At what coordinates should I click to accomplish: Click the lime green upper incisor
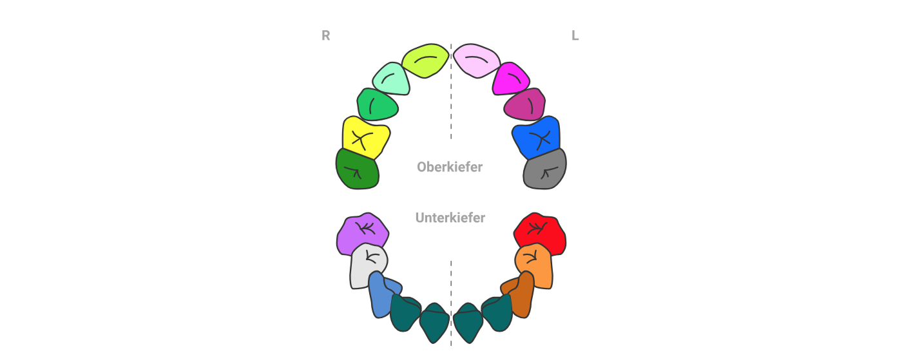click(x=425, y=61)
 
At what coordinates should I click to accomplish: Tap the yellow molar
click(x=365, y=137)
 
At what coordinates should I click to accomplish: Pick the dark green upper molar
click(x=357, y=170)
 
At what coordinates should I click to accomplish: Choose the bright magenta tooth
click(x=510, y=79)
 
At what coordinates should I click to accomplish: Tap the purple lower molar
click(x=363, y=233)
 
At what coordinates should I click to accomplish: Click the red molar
click(x=540, y=232)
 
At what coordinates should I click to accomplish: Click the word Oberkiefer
click(x=450, y=167)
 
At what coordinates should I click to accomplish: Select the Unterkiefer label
click(x=450, y=218)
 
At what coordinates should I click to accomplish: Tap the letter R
click(x=326, y=36)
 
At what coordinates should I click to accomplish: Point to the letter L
click(x=575, y=36)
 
